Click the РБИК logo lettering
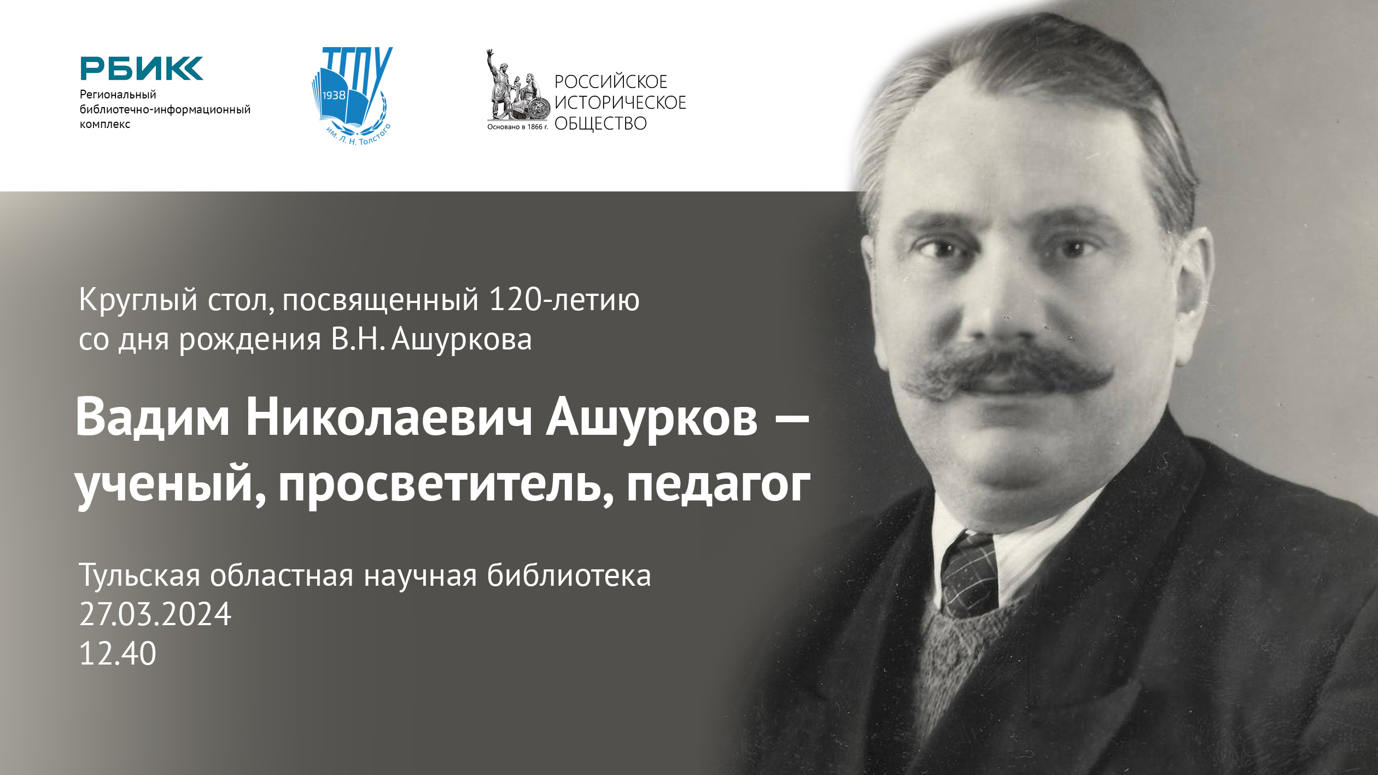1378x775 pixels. coord(141,68)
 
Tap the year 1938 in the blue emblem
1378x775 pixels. coord(334,96)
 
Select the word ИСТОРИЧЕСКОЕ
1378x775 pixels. coord(620,103)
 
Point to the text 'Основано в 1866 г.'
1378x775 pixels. coord(517,127)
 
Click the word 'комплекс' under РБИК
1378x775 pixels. coord(105,124)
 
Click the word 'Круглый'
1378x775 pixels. coord(138,300)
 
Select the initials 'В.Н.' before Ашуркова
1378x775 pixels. coord(355,339)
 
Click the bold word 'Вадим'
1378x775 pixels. coord(153,418)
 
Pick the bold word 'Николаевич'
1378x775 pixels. coord(389,418)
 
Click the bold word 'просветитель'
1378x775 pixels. coord(440,483)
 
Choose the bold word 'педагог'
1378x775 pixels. coord(718,485)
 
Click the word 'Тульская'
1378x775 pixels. coord(139,576)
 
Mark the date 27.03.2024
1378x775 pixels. coord(155,614)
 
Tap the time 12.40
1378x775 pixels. coord(118,654)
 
